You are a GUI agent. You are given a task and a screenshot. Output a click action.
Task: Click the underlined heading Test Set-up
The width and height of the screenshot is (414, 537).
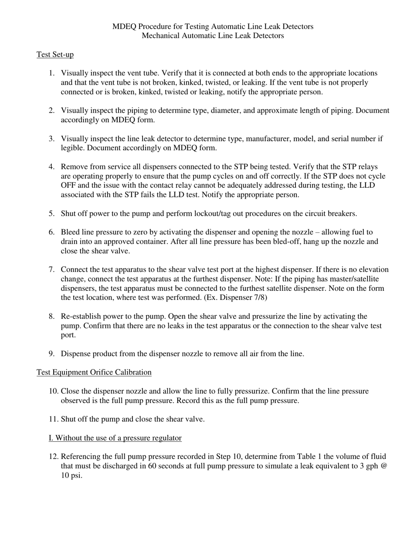click(x=55, y=55)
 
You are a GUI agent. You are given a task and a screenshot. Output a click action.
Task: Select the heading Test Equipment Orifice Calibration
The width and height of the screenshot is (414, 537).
click(x=94, y=372)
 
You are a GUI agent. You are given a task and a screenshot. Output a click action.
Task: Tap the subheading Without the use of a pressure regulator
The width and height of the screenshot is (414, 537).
click(x=115, y=438)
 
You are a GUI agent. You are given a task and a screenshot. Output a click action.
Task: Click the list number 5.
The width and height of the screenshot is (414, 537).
click(x=51, y=213)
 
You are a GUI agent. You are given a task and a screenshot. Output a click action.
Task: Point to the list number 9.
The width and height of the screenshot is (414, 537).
click(x=51, y=354)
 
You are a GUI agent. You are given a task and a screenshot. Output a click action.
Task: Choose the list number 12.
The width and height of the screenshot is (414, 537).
click(x=53, y=457)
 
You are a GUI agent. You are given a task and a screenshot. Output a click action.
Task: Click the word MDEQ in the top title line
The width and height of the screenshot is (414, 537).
click(x=124, y=27)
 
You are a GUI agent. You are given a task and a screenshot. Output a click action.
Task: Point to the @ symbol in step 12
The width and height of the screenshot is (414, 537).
click(x=384, y=466)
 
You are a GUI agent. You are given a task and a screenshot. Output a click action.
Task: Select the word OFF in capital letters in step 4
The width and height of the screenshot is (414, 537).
click(x=69, y=186)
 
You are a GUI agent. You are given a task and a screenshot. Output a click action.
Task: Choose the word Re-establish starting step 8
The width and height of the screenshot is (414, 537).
click(x=81, y=317)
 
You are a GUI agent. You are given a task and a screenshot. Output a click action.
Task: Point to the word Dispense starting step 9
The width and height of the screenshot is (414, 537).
click(x=75, y=354)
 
